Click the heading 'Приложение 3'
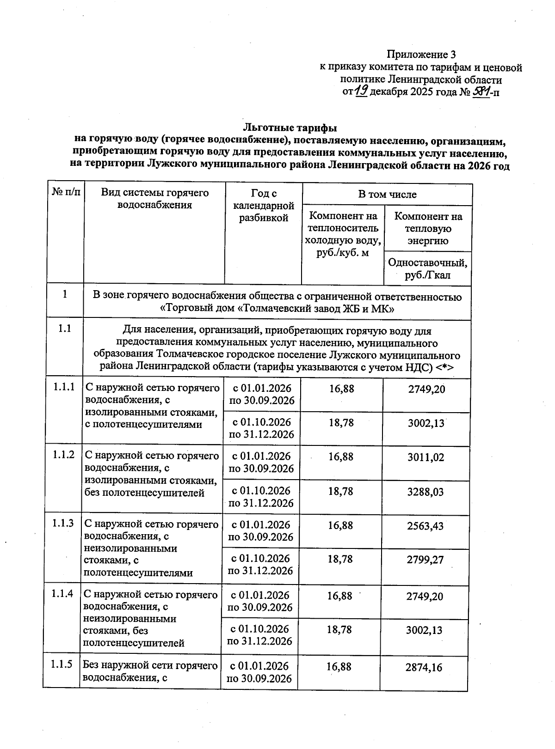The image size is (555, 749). pos(418,55)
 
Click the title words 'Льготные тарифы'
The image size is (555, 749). pos(290,127)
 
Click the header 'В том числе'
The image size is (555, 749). pos(387,195)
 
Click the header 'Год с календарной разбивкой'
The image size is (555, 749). pos(264,206)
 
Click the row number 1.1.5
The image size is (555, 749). pos(62,664)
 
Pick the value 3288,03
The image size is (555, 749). pos(425,492)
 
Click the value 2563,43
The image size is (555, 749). pos(425,526)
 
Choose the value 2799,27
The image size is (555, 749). pos(425,560)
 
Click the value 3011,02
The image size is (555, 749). pos(425,457)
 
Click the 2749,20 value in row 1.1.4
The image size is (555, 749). pos(425,597)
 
